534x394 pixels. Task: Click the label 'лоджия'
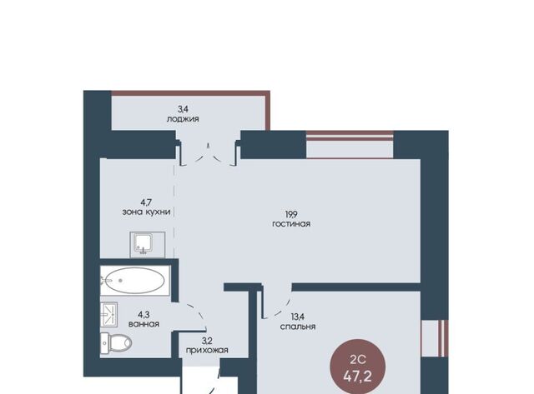(x=183, y=119)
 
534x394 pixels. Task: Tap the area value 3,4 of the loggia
(x=183, y=109)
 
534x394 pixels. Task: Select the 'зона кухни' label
(x=147, y=212)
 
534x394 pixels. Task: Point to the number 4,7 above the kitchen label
(x=146, y=202)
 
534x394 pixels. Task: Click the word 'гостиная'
(x=291, y=224)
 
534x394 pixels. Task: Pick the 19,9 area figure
(x=291, y=215)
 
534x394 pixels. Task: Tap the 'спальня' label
(x=298, y=327)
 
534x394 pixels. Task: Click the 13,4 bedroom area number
(x=298, y=317)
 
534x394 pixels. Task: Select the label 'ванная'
(x=144, y=324)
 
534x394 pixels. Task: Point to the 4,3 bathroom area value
(x=144, y=315)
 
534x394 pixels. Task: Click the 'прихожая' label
(x=207, y=350)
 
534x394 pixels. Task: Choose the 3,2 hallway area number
(x=207, y=341)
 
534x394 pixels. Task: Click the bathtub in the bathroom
(x=135, y=281)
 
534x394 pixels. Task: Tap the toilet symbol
(x=116, y=342)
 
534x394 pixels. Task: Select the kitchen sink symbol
(x=148, y=245)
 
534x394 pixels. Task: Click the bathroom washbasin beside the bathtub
(x=109, y=315)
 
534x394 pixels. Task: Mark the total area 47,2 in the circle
(x=358, y=377)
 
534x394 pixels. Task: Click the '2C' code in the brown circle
(x=358, y=359)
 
